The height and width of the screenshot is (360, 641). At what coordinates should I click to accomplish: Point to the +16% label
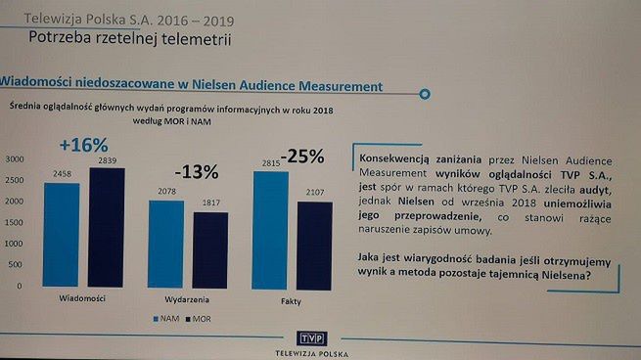click(83, 145)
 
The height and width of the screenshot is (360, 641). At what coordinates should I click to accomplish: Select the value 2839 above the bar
click(108, 161)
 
